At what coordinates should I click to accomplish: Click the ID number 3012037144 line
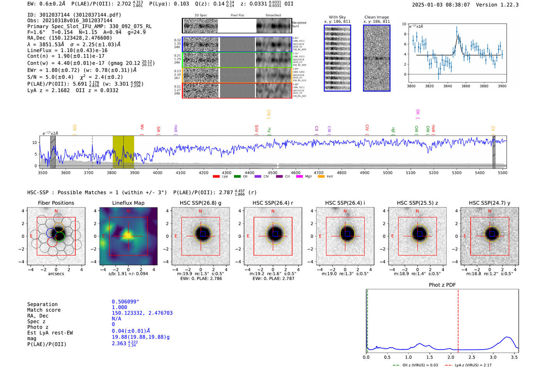[74, 15]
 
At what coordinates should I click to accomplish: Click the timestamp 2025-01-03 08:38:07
[441, 5]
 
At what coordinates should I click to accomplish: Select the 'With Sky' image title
[337, 17]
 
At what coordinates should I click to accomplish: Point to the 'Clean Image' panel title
[376, 17]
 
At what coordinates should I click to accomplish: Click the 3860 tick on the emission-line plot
[466, 86]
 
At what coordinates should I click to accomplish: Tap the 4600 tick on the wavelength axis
[296, 172]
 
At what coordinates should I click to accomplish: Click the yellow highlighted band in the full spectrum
[123, 152]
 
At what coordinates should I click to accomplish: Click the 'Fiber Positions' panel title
[56, 203]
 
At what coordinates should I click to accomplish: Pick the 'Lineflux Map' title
[128, 203]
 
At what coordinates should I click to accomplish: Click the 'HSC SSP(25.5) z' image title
[417, 203]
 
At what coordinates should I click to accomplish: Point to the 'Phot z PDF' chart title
[442, 285]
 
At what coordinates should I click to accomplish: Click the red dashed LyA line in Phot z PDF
[458, 319]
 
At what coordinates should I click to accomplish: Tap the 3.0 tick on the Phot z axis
[493, 357]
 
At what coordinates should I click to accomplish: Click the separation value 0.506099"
[125, 302]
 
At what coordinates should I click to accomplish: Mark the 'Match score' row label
[44, 310]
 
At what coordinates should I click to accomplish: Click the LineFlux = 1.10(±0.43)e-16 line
[67, 50]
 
